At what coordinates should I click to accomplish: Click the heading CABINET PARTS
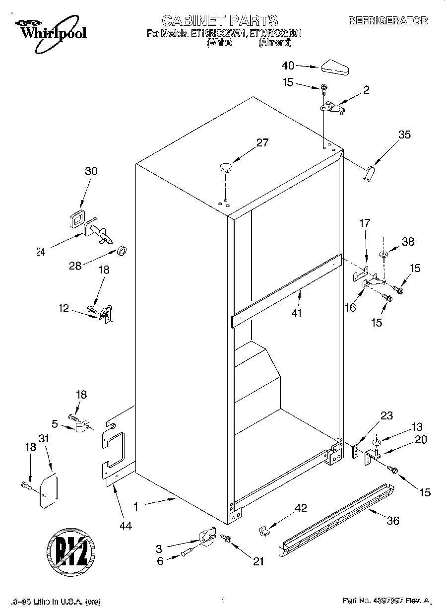[220, 20]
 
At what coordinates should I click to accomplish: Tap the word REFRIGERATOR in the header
[388, 20]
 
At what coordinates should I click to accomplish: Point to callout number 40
[288, 66]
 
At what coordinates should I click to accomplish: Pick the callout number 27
[262, 143]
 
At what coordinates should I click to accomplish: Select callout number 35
[404, 135]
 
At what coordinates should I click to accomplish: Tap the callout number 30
[91, 171]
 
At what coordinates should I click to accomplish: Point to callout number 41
[297, 313]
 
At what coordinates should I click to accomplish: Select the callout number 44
[126, 526]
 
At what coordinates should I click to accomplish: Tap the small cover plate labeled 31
[49, 491]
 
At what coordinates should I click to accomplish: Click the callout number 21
[258, 561]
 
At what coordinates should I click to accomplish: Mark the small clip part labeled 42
[263, 531]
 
